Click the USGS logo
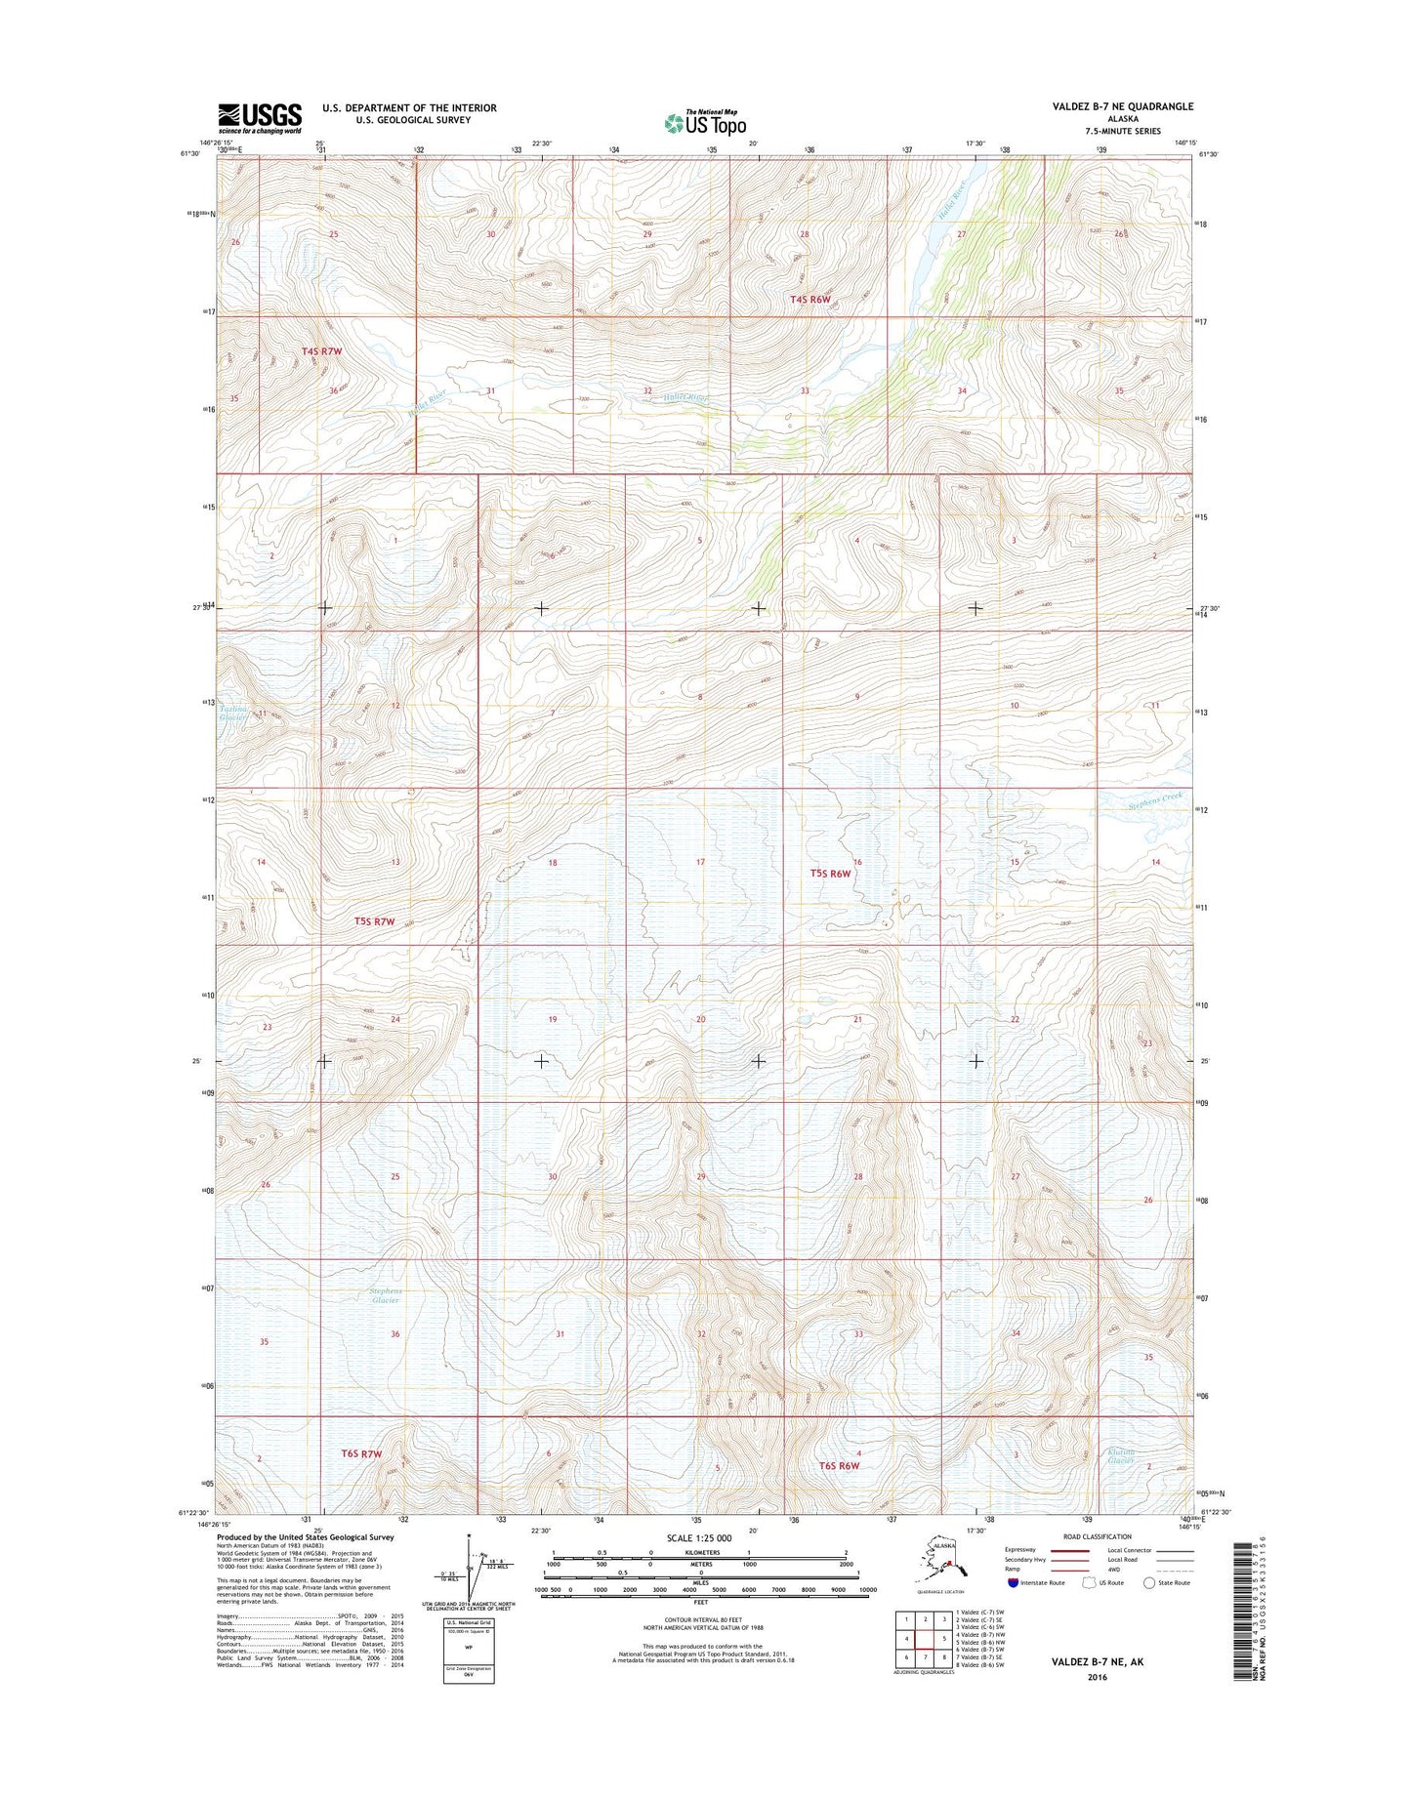259,117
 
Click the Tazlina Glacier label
232,713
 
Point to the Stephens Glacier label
385,1295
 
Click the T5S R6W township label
830,875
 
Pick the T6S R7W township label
360,1453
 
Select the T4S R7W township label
321,349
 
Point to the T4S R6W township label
809,299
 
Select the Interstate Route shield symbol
1013,1582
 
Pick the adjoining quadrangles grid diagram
923,1642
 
